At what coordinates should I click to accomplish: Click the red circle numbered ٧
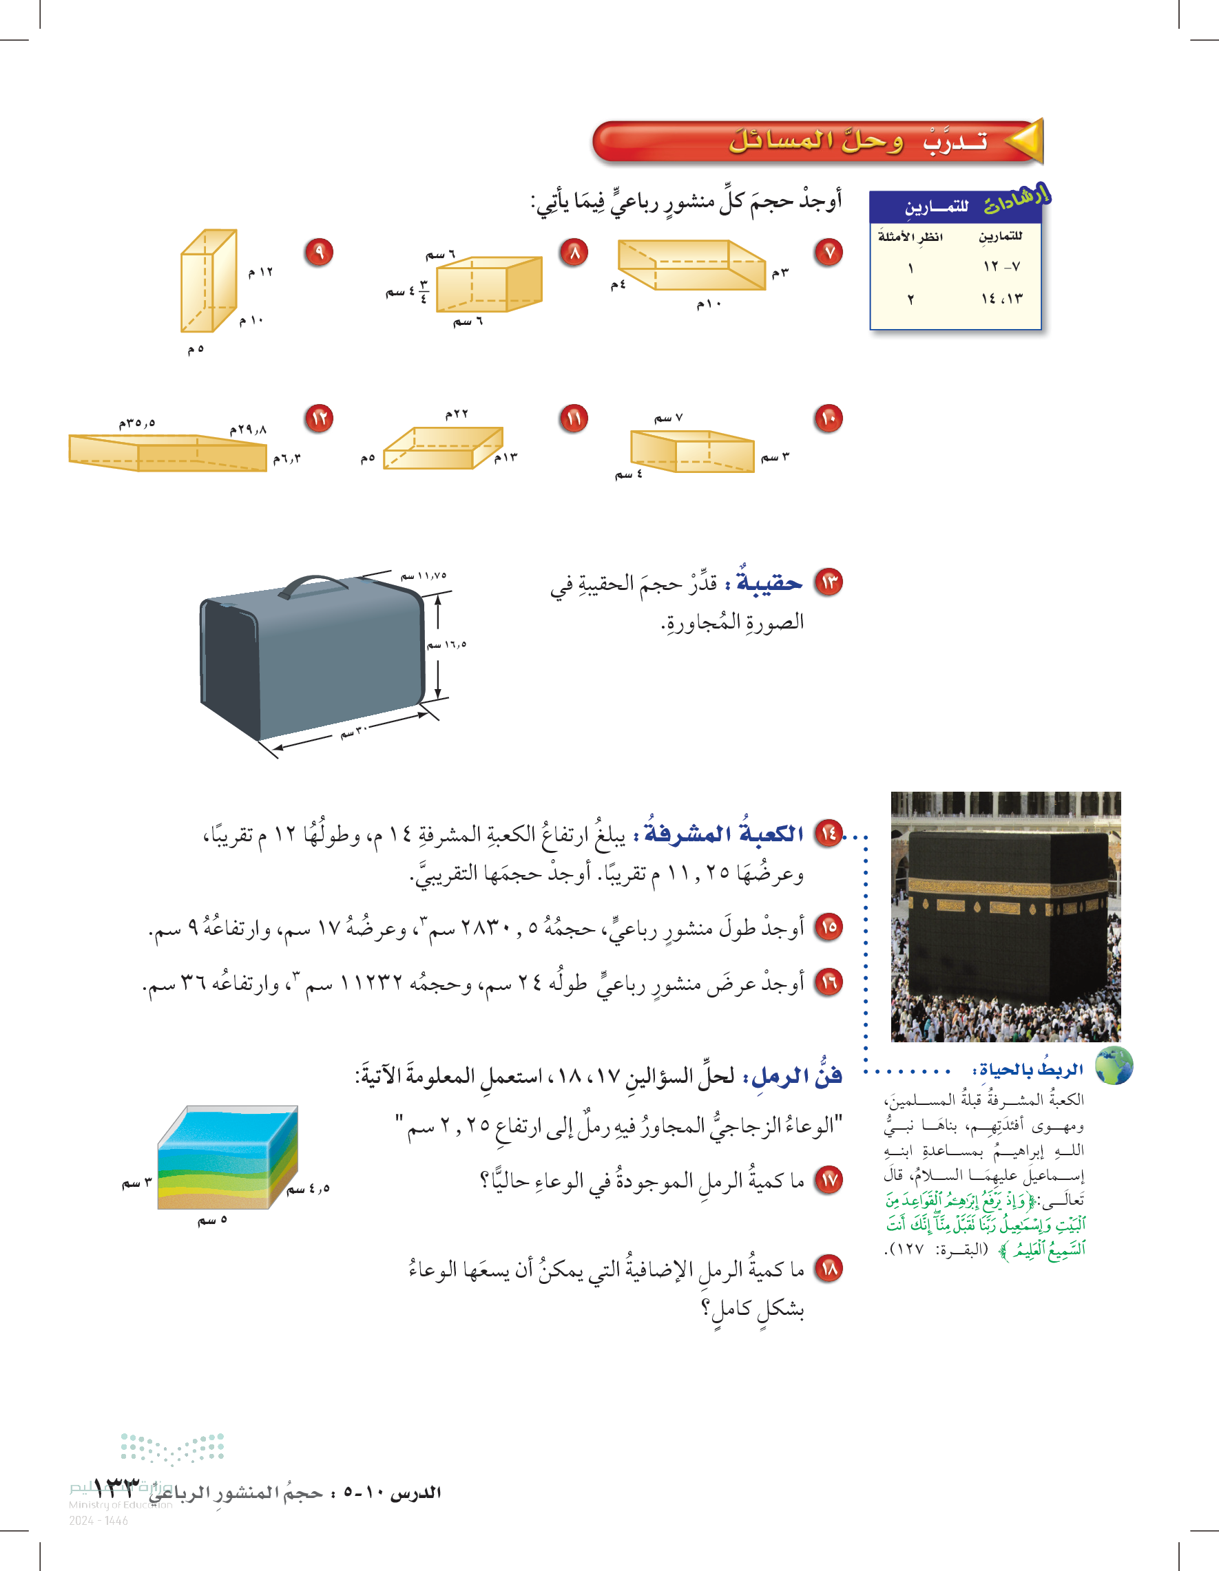(829, 253)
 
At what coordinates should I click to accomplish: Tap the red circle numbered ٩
(319, 253)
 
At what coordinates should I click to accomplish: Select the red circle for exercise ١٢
(319, 418)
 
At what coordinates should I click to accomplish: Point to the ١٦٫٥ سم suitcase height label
(447, 644)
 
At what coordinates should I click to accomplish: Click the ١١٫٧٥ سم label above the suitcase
(423, 576)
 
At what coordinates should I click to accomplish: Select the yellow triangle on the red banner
(1024, 140)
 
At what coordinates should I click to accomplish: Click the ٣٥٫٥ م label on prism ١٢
(138, 423)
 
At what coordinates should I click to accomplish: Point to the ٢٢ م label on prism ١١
(457, 414)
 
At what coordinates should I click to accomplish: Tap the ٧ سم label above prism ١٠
(669, 418)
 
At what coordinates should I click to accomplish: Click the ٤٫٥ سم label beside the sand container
(309, 1188)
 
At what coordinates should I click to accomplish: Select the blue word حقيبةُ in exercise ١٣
(769, 582)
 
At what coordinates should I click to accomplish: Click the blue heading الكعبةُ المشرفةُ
(724, 833)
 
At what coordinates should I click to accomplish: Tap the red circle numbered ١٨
(829, 1268)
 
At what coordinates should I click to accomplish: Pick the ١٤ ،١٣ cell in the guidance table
(1001, 299)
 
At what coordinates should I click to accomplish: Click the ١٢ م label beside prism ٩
(260, 272)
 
